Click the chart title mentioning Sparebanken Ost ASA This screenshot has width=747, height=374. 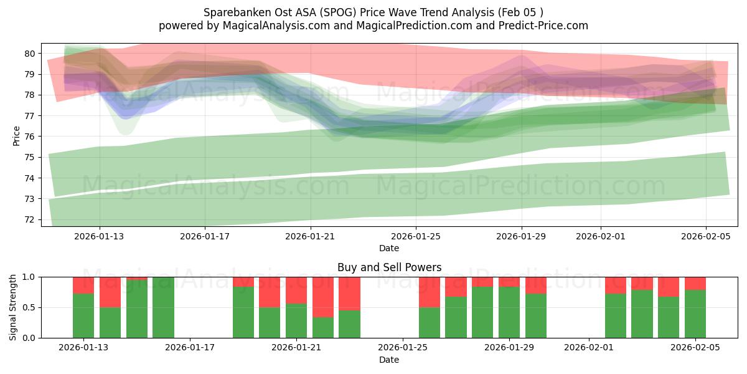373,12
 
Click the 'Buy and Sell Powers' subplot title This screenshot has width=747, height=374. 389,267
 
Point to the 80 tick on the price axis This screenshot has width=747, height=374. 29,54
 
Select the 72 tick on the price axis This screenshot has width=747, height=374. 29,219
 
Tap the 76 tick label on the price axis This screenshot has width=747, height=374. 29,137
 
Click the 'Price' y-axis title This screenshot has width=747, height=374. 16,135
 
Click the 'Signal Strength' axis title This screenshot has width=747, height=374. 13,307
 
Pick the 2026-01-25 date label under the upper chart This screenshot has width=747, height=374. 416,236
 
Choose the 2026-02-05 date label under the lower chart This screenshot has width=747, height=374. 695,348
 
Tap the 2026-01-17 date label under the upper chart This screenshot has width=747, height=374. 205,236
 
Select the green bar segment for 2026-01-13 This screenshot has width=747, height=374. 83,315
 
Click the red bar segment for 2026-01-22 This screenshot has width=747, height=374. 323,297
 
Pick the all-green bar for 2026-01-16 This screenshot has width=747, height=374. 163,307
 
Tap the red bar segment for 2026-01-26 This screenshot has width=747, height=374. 430,292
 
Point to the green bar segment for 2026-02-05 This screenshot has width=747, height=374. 695,314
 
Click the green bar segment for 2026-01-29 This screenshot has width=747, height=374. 509,312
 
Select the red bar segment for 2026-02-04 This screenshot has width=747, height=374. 669,286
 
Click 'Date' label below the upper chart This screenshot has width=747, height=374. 389,248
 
